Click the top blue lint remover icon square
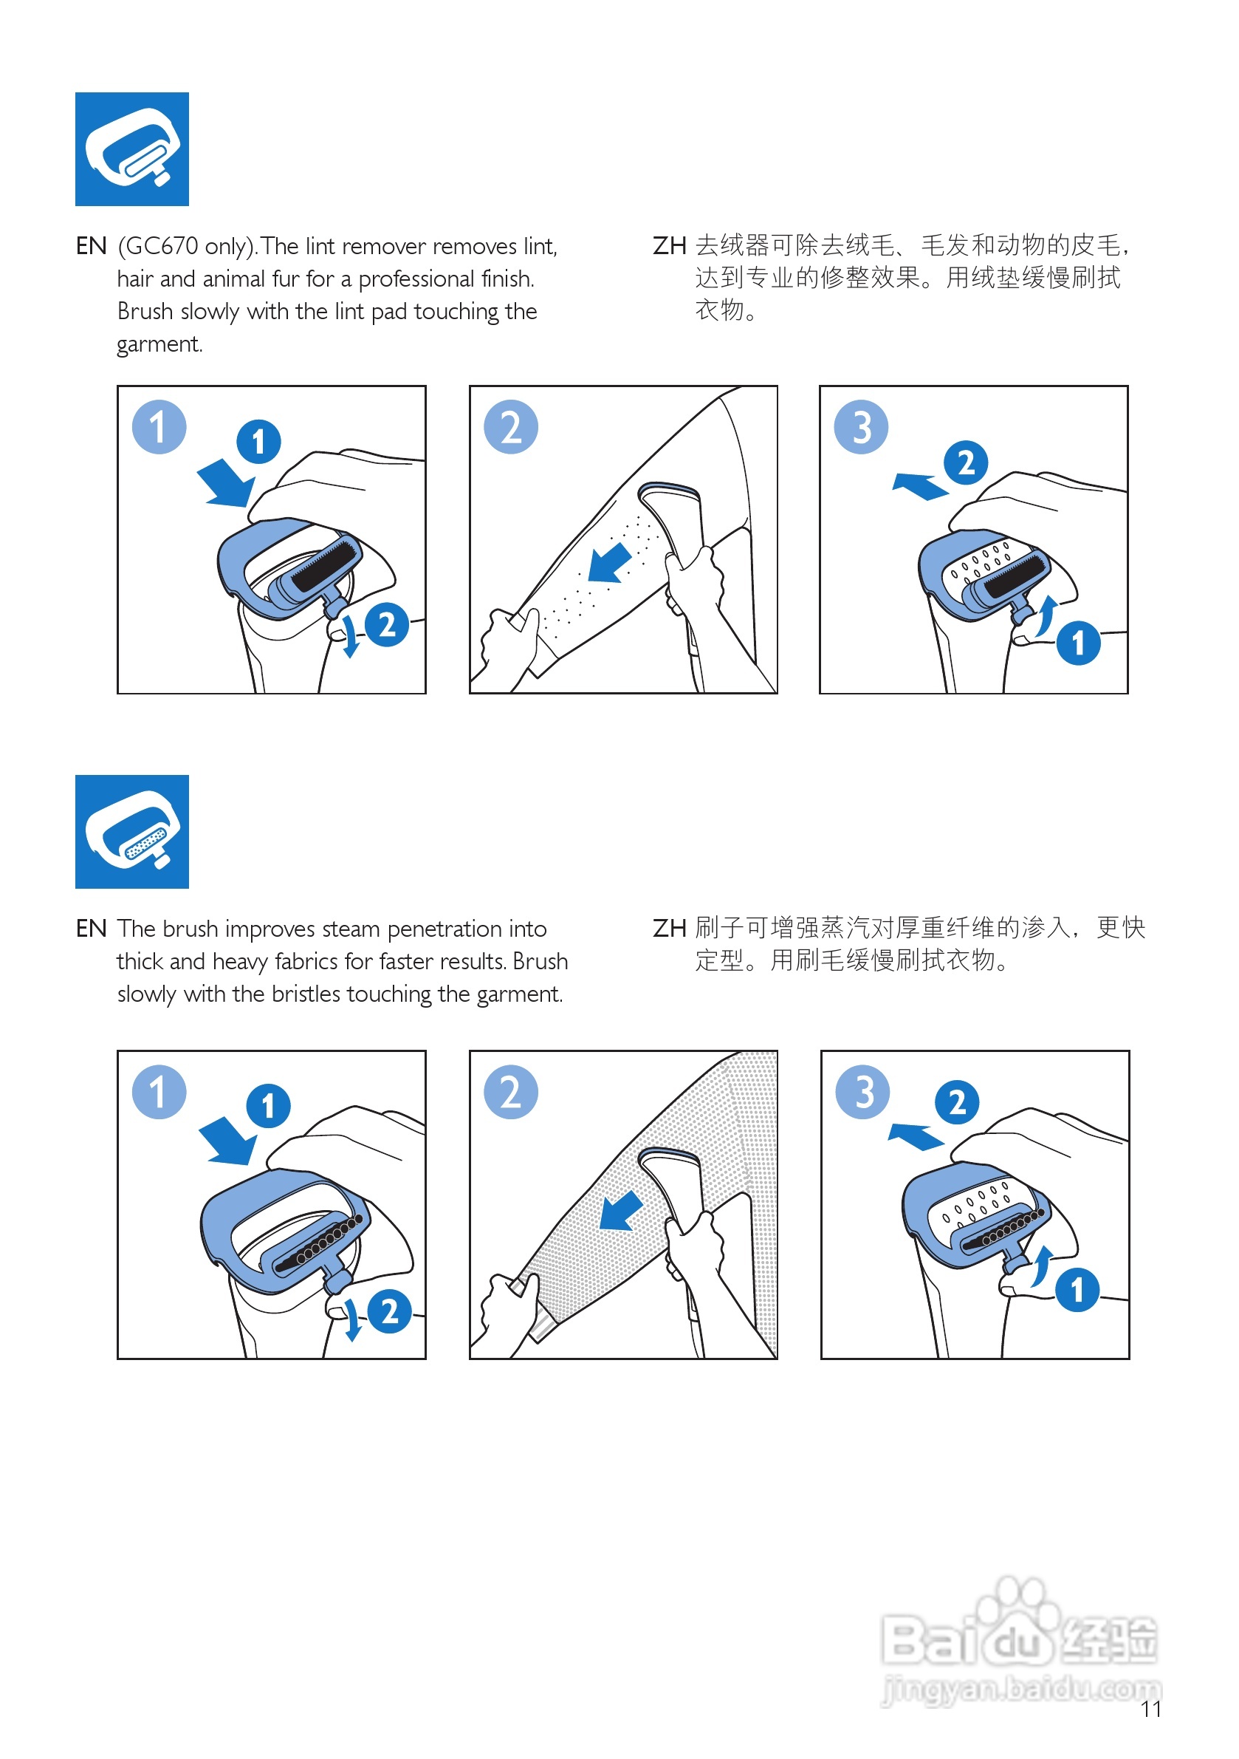coord(131,149)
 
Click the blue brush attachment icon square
coord(131,831)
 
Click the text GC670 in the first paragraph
coord(162,247)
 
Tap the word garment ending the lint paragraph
coord(159,345)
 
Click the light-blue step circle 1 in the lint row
coord(159,427)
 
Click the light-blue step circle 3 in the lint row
coord(861,427)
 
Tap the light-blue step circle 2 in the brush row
coord(510,1092)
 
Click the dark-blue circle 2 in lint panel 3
coord(966,462)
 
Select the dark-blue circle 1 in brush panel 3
coord(1077,1289)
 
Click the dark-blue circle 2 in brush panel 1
coord(389,1311)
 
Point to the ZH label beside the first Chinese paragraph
coord(668,247)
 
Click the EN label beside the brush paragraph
coord(91,929)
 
